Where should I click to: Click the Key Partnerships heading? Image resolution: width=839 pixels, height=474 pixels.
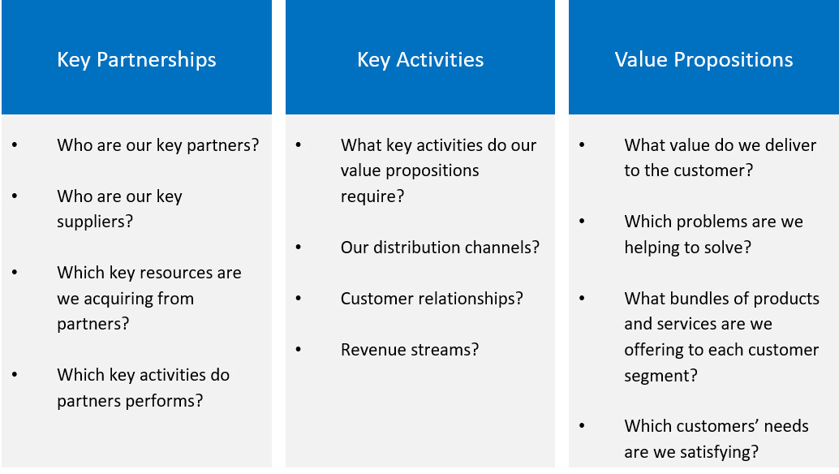[x=136, y=59]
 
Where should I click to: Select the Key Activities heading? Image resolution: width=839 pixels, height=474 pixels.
[x=420, y=59]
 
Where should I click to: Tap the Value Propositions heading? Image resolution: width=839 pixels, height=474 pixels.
[x=703, y=59]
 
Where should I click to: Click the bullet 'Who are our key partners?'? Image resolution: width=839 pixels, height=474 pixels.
[x=158, y=145]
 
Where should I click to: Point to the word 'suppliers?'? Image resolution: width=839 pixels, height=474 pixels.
[x=94, y=222]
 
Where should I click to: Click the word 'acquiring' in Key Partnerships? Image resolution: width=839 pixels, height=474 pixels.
[x=125, y=299]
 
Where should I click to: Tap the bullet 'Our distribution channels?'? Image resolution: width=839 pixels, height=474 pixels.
[x=440, y=248]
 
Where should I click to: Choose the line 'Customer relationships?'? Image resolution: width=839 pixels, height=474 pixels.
[x=432, y=299]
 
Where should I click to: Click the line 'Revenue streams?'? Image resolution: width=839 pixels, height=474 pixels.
[x=410, y=350]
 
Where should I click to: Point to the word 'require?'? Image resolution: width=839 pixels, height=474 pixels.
[x=372, y=196]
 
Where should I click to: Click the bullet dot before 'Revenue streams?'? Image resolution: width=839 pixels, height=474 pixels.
[x=299, y=350]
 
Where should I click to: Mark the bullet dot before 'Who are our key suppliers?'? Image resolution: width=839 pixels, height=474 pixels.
[x=15, y=196]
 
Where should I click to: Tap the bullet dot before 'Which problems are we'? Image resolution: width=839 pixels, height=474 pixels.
[x=582, y=222]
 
